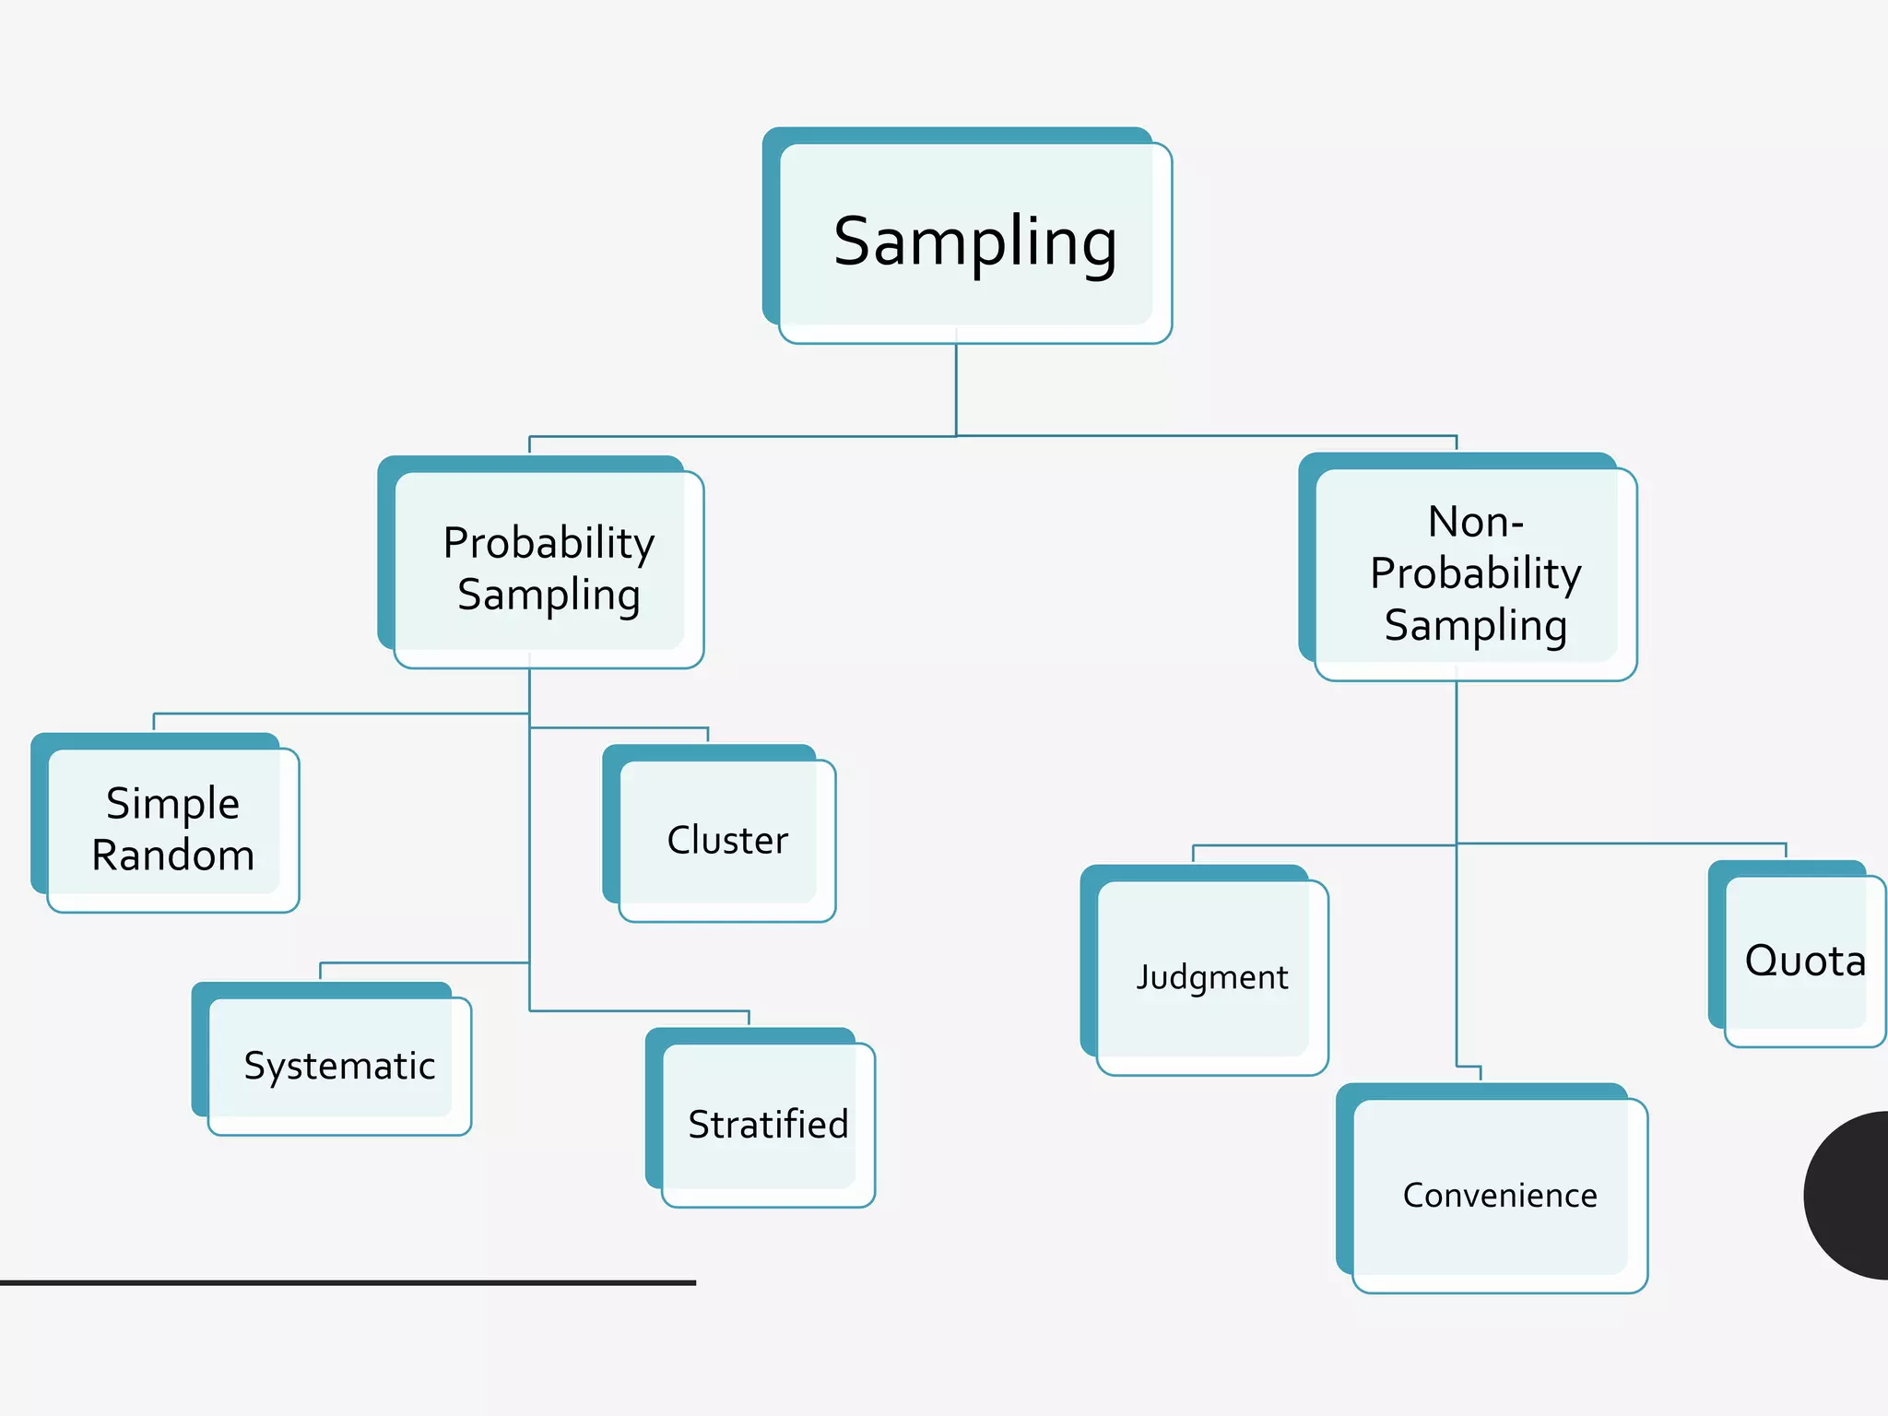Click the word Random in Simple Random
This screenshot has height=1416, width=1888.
tap(173, 855)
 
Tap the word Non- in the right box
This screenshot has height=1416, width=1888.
tap(1475, 522)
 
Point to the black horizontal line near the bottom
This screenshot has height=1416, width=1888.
tap(348, 1282)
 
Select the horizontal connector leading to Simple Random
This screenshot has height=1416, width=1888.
tap(341, 714)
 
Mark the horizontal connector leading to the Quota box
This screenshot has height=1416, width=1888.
tap(1622, 844)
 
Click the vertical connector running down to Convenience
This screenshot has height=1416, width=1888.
tap(1457, 959)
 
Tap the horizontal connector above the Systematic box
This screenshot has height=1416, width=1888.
tap(424, 962)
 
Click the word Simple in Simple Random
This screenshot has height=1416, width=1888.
tap(173, 804)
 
